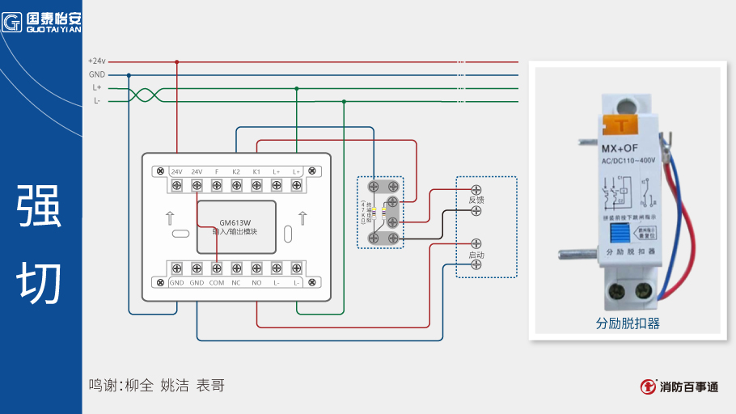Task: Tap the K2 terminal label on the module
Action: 236,171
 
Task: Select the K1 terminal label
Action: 256,171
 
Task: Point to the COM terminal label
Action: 217,283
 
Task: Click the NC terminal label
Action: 236,283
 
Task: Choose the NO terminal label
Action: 256,283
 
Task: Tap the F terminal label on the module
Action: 217,171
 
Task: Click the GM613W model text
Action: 235,222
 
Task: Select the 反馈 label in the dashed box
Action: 476,199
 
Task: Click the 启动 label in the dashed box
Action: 476,255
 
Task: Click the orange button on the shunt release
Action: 621,125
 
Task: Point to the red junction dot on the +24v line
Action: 177,61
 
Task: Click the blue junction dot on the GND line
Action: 129,75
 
